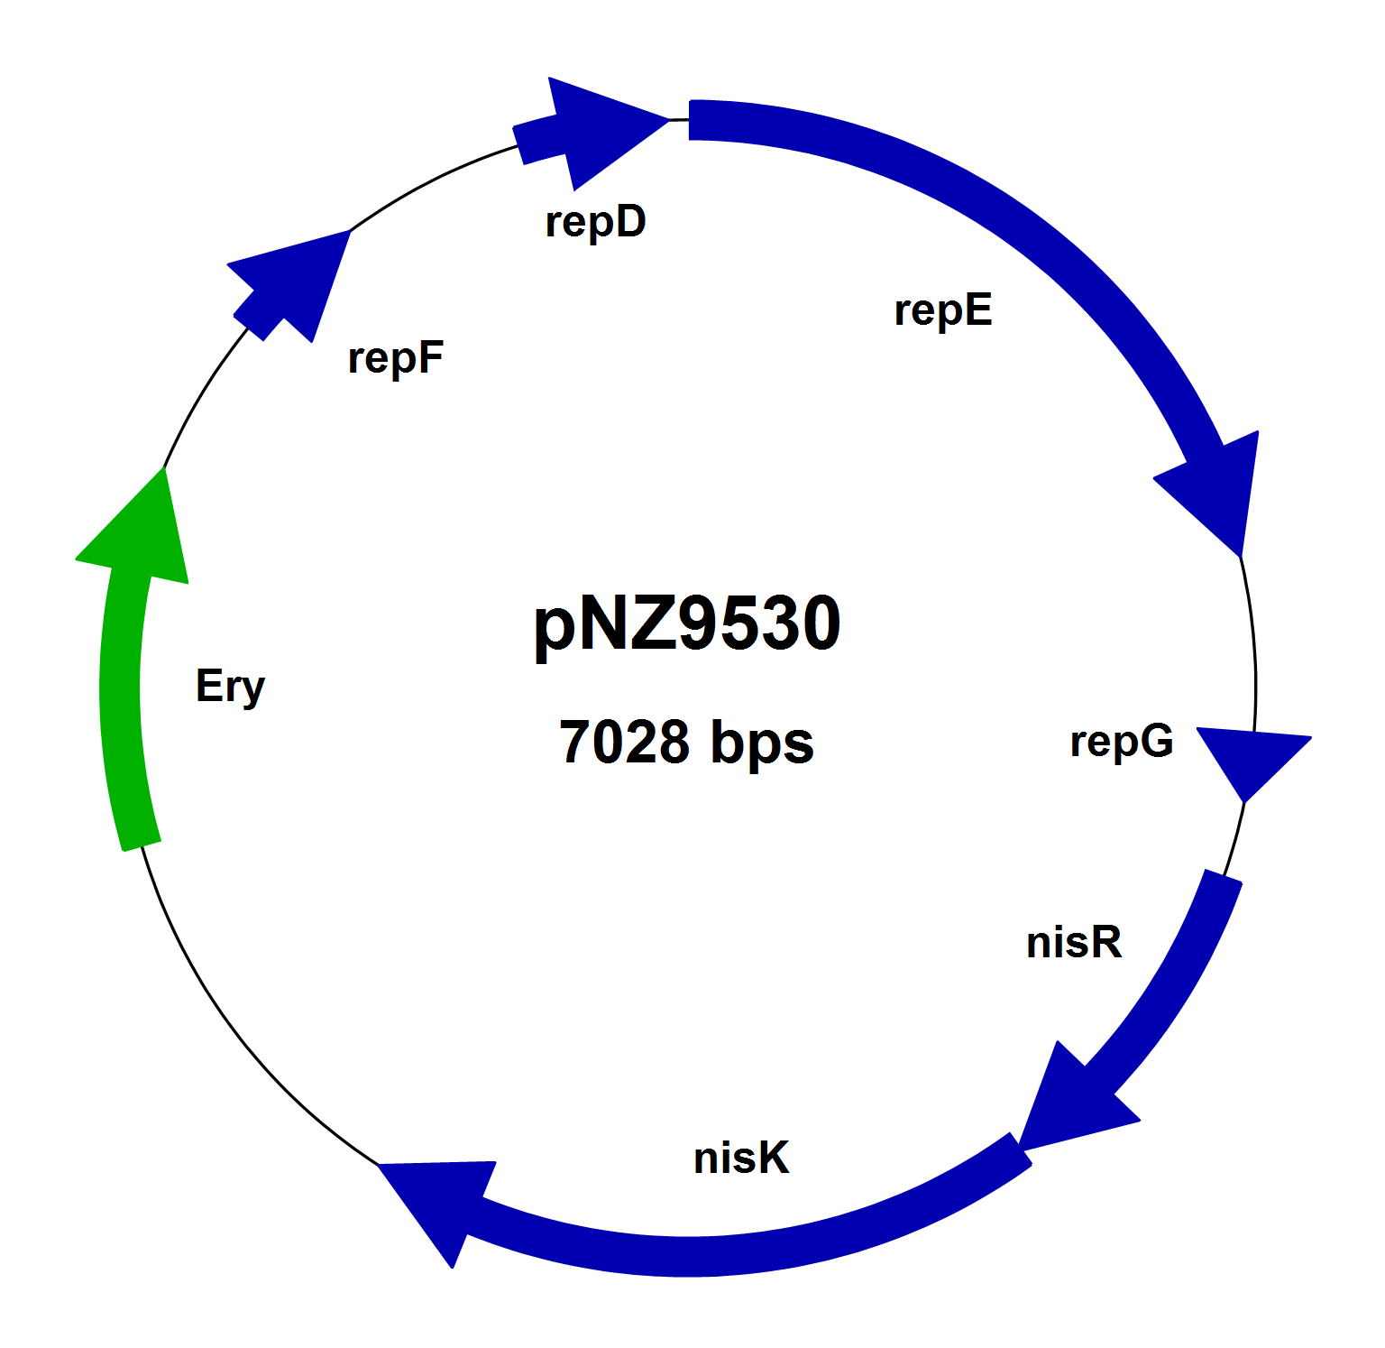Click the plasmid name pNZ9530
click(x=687, y=623)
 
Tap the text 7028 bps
click(x=686, y=743)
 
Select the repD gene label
click(x=596, y=222)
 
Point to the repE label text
click(x=943, y=310)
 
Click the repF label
click(x=396, y=358)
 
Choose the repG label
click(x=1122, y=742)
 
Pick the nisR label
click(x=1074, y=943)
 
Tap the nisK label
click(x=741, y=1158)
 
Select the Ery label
click(x=231, y=687)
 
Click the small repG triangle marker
click(x=1249, y=757)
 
